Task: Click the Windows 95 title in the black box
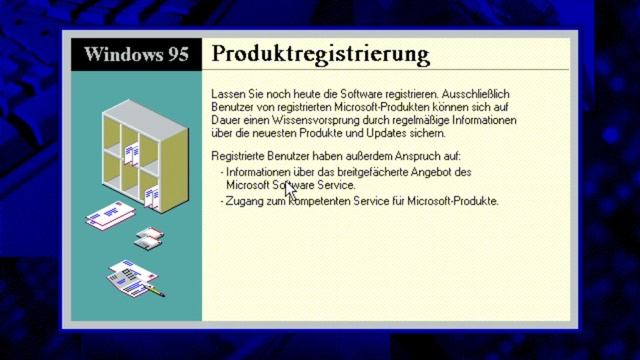point(136,54)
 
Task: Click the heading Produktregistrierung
point(321,53)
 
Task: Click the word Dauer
point(226,120)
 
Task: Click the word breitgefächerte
point(364,172)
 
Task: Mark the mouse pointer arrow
point(288,189)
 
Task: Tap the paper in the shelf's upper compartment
point(132,155)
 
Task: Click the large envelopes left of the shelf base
point(109,215)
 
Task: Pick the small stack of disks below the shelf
point(149,237)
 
